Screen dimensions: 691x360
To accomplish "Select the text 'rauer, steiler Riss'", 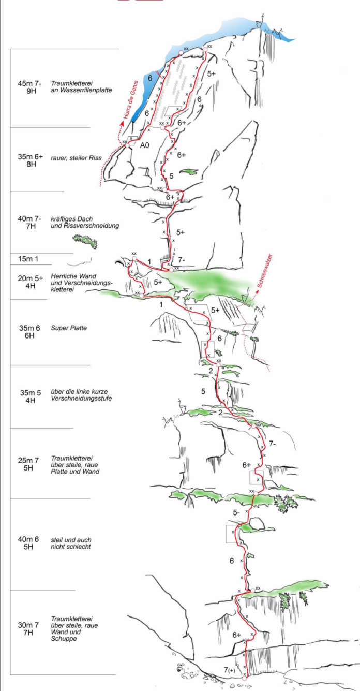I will pos(76,157).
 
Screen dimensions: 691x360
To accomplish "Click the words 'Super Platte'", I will pos(69,328).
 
